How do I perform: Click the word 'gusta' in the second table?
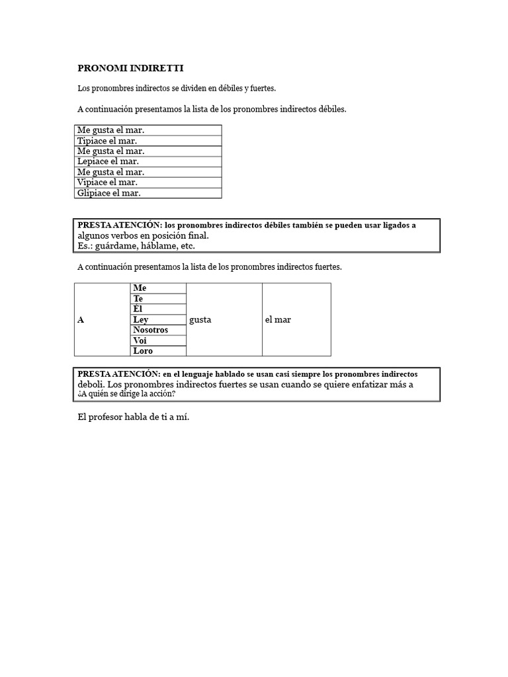click(200, 320)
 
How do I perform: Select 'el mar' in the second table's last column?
click(278, 320)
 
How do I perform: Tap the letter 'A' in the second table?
click(81, 320)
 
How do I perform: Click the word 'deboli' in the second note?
click(90, 385)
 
